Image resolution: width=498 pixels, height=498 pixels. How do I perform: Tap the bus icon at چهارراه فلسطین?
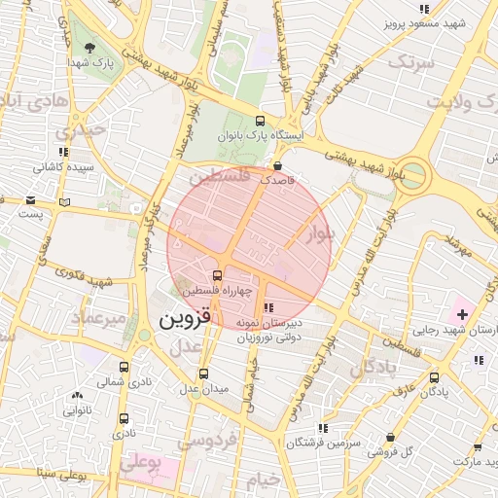(217, 275)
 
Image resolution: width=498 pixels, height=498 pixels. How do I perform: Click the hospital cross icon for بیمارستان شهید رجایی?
(461, 314)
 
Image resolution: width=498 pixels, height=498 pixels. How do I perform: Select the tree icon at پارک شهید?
(89, 48)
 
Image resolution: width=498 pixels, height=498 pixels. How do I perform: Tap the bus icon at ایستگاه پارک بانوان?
(259, 121)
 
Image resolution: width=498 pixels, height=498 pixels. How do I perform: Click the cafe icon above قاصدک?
(279, 165)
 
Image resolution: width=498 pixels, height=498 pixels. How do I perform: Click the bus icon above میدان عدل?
(203, 373)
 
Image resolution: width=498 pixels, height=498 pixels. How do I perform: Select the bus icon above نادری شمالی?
(124, 367)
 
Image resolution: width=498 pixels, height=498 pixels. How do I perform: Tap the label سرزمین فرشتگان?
(324, 443)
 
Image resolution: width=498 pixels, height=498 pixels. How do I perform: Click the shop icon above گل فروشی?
(390, 437)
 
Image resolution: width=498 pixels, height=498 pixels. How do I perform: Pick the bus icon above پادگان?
(434, 377)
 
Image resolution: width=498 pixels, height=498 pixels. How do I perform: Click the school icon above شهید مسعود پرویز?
(423, 9)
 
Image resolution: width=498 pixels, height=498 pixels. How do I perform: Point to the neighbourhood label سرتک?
(409, 61)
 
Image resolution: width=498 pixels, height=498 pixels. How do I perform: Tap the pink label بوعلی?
(142, 462)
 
